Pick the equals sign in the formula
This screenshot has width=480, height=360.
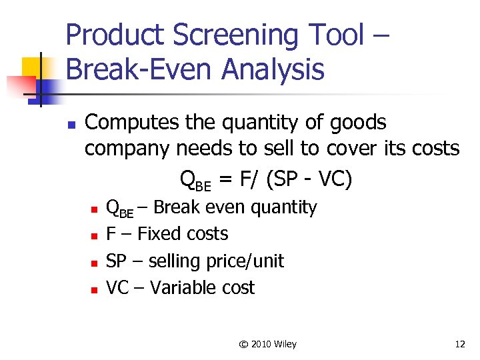pos(225,179)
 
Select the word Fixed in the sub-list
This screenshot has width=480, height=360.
pos(159,234)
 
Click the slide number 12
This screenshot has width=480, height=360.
pos(459,344)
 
